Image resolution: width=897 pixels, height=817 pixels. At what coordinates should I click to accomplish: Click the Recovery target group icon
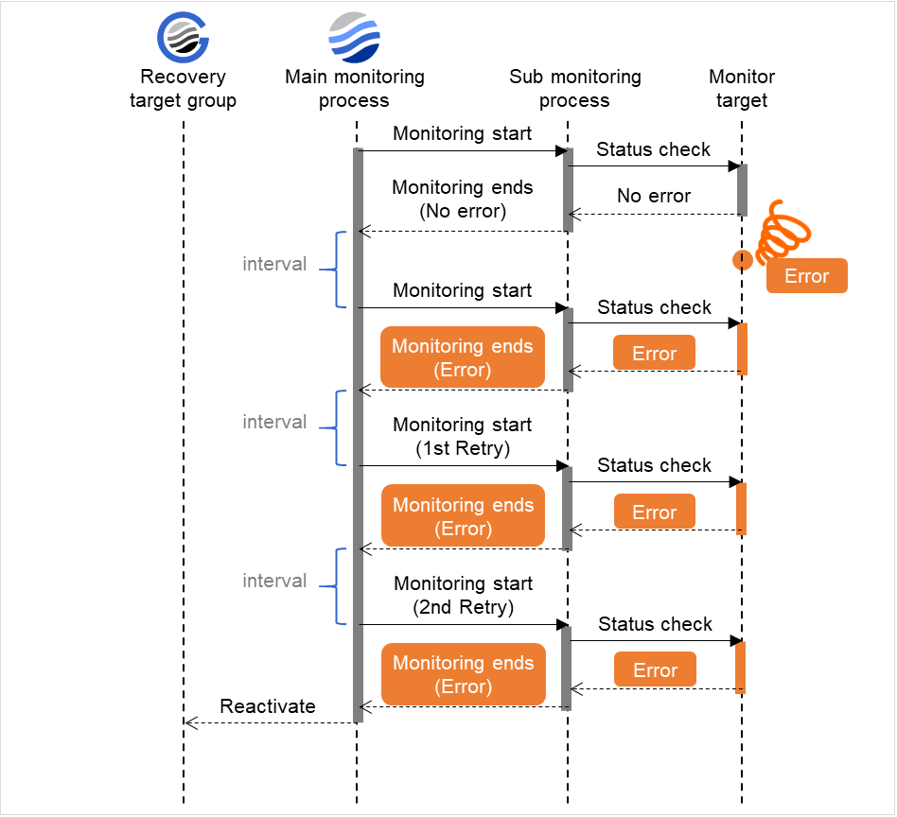(x=183, y=37)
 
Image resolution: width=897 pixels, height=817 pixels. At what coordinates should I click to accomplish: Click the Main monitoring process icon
(x=355, y=37)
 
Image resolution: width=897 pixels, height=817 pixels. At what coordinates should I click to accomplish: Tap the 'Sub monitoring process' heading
(x=574, y=89)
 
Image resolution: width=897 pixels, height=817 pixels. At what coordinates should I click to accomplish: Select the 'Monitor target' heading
(x=741, y=89)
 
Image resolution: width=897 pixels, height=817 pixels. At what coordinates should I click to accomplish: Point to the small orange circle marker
(x=742, y=259)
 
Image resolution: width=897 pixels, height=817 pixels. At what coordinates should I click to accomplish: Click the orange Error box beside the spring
(x=806, y=276)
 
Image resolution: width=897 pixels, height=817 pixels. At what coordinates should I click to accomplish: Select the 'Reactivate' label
(x=268, y=706)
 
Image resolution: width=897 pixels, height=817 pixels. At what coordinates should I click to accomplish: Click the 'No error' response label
(x=654, y=197)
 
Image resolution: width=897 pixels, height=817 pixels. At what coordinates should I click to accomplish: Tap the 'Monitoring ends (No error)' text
(x=463, y=200)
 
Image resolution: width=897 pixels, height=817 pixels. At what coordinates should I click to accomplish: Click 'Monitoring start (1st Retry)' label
(x=463, y=437)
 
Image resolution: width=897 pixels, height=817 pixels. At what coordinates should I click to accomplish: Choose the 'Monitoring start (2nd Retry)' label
(x=463, y=596)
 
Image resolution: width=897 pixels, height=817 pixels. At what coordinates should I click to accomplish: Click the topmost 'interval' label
(x=274, y=265)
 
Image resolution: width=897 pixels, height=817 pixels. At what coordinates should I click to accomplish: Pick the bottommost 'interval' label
(x=274, y=582)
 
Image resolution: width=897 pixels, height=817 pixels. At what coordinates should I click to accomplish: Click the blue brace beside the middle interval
(x=330, y=427)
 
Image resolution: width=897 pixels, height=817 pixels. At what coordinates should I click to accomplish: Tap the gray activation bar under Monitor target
(x=742, y=190)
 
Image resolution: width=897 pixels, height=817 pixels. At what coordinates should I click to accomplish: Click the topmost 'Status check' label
(x=654, y=149)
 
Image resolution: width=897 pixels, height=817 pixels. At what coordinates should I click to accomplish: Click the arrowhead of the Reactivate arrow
(x=189, y=723)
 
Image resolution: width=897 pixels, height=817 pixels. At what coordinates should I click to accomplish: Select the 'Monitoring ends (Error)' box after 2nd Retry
(x=463, y=675)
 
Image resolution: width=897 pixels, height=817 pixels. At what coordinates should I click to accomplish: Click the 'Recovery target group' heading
(x=183, y=89)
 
